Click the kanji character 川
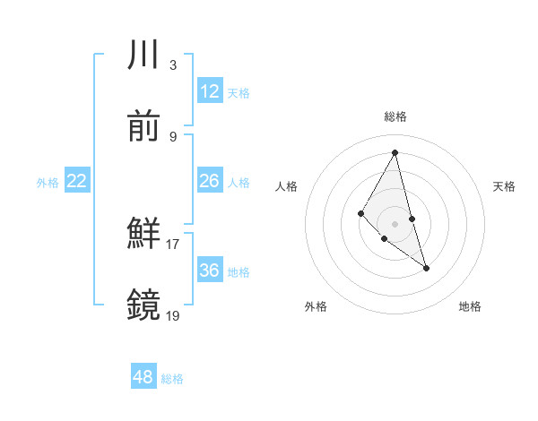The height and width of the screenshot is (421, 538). tap(144, 56)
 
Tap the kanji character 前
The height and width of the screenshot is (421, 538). tap(144, 126)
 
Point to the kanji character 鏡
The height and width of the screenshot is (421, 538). tap(144, 305)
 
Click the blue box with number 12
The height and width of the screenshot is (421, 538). tap(210, 90)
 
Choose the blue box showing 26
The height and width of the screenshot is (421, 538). tap(210, 181)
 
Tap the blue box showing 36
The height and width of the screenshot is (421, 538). tap(210, 271)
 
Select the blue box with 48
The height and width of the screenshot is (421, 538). tap(143, 377)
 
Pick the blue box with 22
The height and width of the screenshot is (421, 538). tap(77, 181)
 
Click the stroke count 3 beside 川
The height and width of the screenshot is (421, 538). tap(172, 65)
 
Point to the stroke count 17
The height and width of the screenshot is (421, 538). tap(173, 244)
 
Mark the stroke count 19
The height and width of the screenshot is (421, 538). tap(173, 314)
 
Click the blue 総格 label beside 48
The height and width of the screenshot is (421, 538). tap(172, 379)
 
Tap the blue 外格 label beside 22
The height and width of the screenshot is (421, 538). tap(48, 183)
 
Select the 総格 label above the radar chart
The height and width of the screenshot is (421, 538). tap(395, 116)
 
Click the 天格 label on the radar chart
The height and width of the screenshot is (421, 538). tap(504, 186)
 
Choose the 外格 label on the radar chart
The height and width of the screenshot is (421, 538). tap(316, 306)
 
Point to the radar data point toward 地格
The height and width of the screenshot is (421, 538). tap(426, 268)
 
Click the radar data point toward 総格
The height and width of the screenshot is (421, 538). tap(395, 152)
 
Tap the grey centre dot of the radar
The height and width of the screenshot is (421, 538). tap(395, 223)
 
